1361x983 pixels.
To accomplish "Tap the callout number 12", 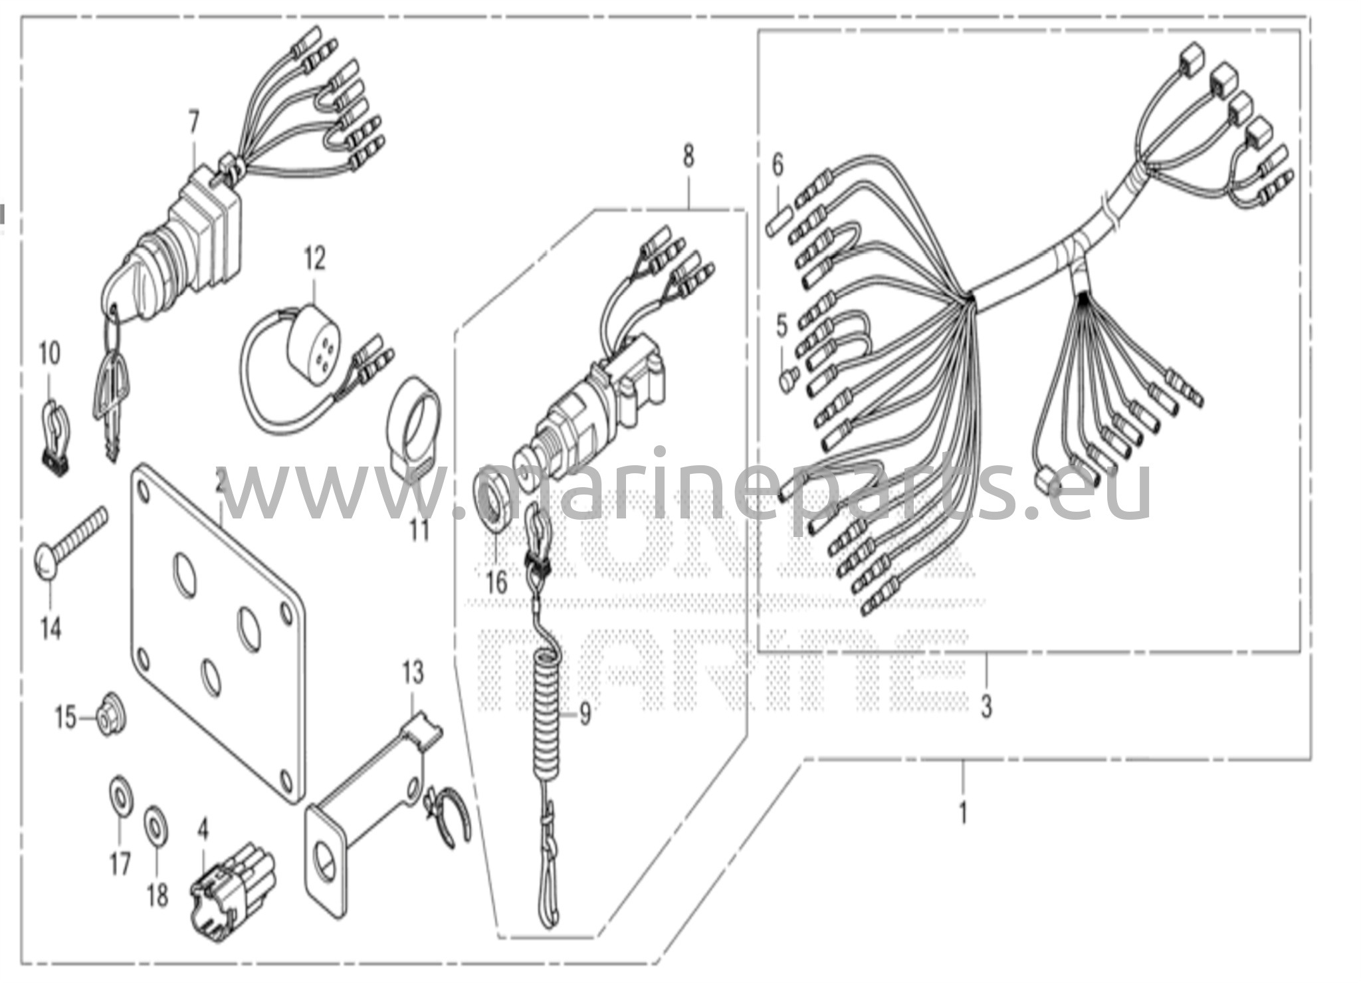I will coord(315,259).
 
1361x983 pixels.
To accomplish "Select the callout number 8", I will coord(688,157).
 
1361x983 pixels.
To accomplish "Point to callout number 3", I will coord(986,707).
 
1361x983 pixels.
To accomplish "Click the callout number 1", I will coord(963,813).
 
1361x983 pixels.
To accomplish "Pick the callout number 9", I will coord(585,714).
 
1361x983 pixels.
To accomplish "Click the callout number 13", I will coord(413,673).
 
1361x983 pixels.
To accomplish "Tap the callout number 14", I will coord(51,627).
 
